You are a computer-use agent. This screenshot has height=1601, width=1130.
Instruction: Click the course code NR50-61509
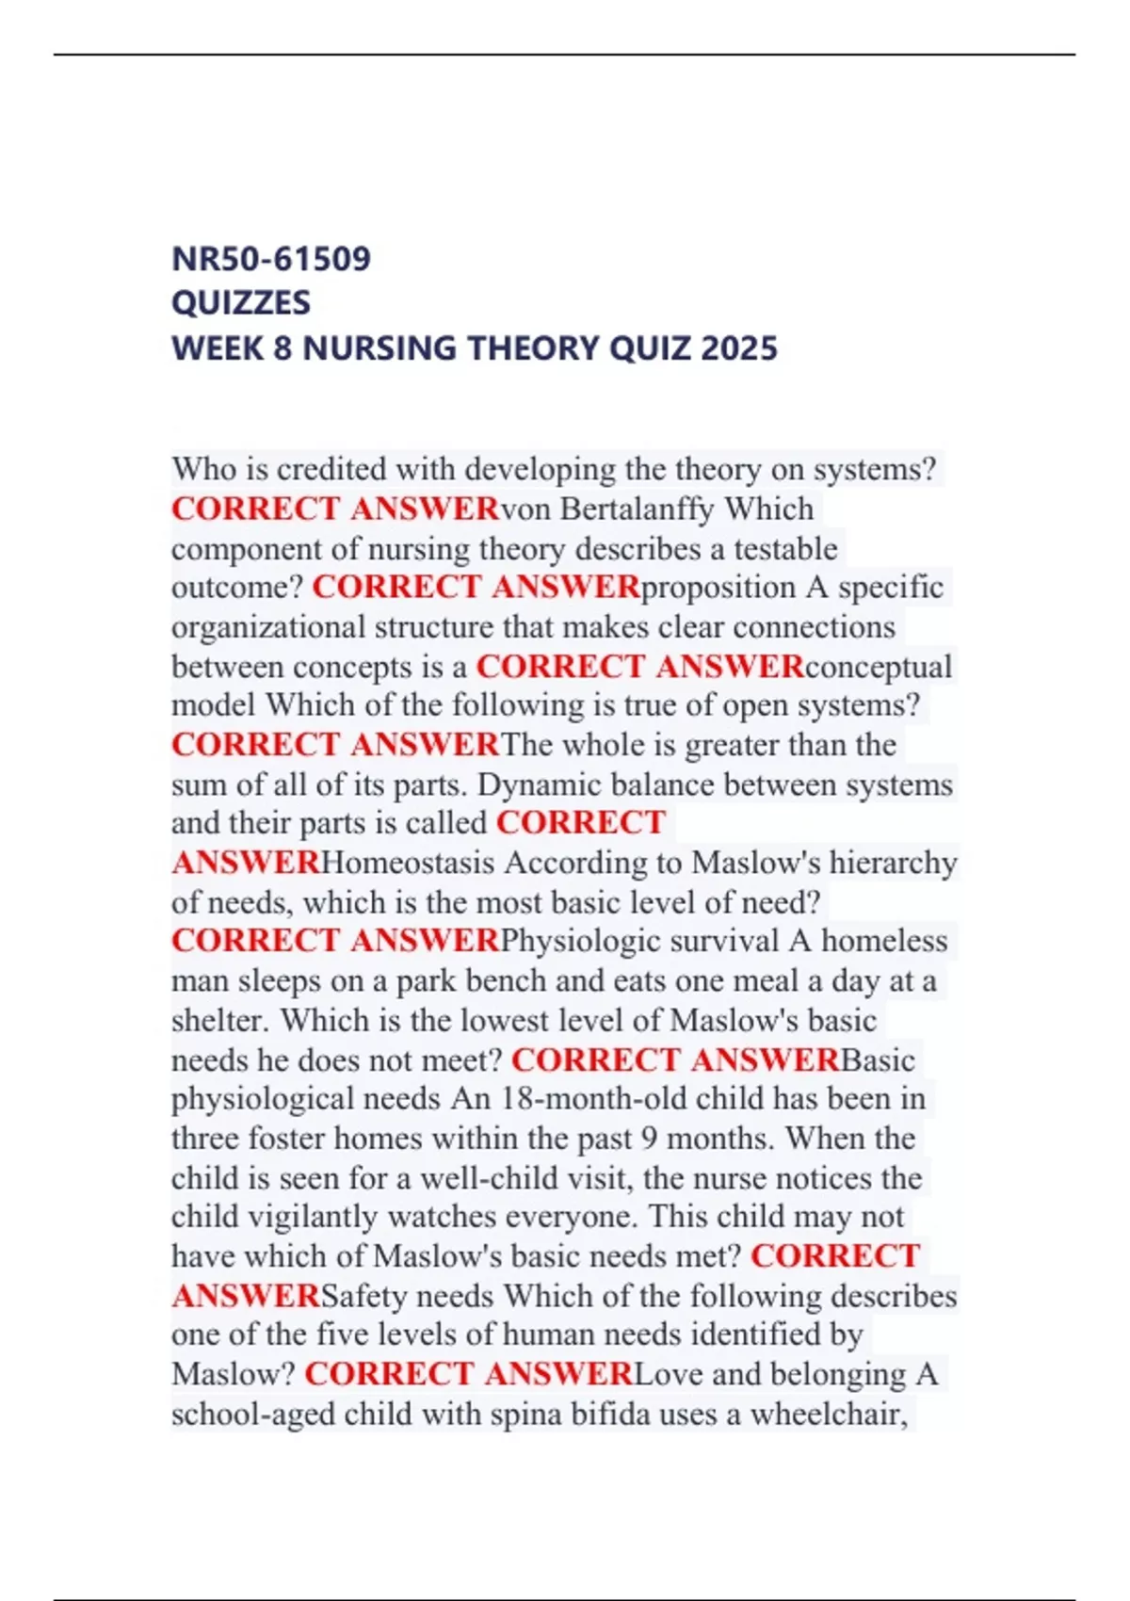(x=271, y=258)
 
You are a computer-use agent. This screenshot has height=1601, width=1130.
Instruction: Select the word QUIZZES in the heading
(x=241, y=303)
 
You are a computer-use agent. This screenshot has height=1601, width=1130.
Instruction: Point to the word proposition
(x=718, y=588)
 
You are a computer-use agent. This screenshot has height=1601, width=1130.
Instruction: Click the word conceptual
(x=879, y=667)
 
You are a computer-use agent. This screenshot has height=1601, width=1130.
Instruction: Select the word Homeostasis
(x=408, y=863)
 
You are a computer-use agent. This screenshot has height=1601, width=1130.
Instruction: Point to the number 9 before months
(x=649, y=1139)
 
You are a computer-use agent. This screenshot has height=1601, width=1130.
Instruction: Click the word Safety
(x=361, y=1296)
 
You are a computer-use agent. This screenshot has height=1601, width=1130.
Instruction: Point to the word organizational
(x=267, y=627)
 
